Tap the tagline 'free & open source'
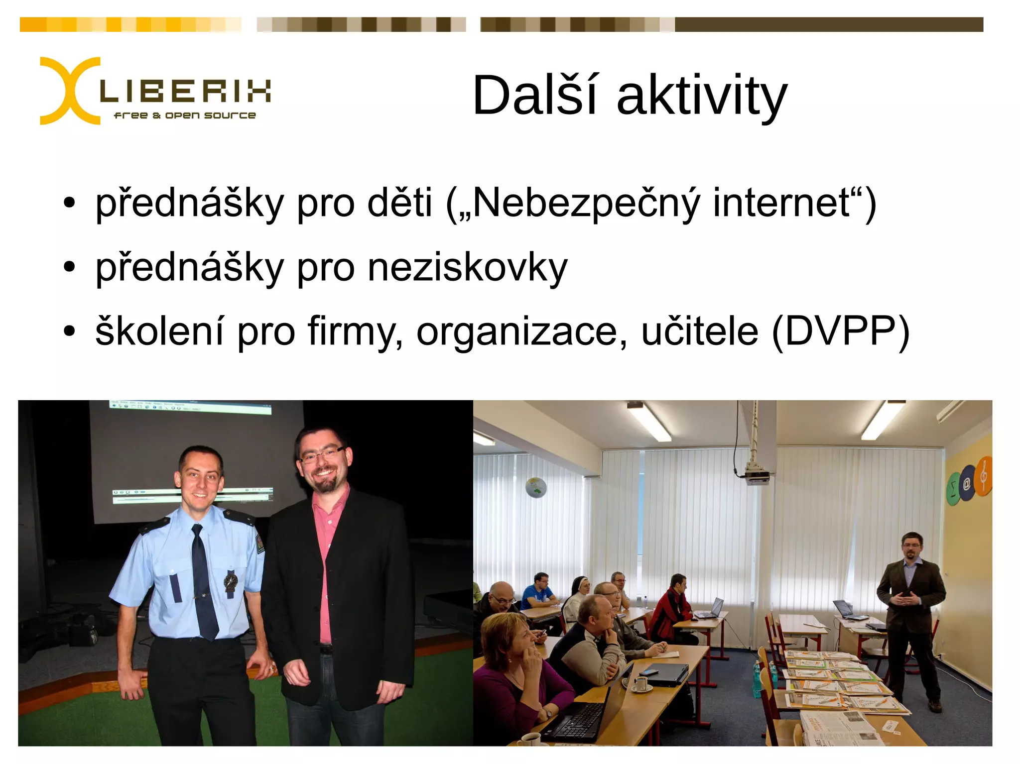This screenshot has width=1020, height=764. tap(185, 115)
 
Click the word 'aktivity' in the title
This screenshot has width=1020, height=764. tap(702, 96)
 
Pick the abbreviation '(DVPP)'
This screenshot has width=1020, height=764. tap(841, 331)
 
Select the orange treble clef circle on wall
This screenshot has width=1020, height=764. tap(983, 476)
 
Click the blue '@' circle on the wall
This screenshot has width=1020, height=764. tap(967, 483)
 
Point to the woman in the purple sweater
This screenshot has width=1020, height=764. tap(518, 667)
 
